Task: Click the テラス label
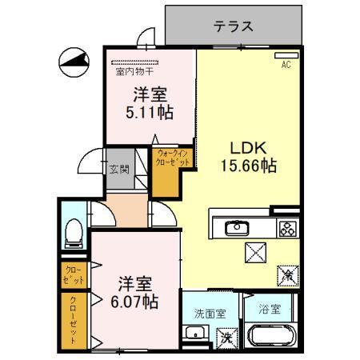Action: (x=234, y=26)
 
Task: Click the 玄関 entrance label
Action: (x=118, y=170)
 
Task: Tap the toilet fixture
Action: (x=73, y=232)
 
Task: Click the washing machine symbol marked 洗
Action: (x=227, y=336)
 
